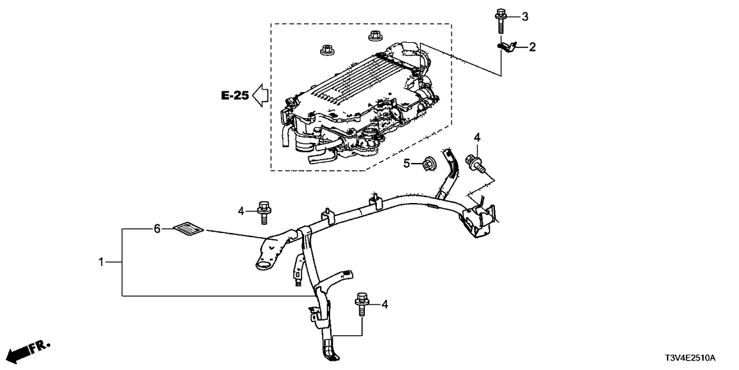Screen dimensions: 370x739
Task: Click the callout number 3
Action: click(x=525, y=16)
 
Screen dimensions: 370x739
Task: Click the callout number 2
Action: click(x=533, y=47)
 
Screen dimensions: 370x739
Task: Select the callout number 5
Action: click(x=406, y=163)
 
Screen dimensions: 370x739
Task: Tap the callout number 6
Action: click(x=157, y=228)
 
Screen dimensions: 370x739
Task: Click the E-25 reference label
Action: click(x=235, y=96)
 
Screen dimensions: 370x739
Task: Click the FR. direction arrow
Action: click(x=29, y=351)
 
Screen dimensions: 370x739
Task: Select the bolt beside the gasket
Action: click(x=262, y=209)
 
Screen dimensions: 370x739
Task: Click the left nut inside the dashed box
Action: click(x=327, y=49)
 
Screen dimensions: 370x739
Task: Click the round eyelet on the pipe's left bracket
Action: click(x=262, y=266)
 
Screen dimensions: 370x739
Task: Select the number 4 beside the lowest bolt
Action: click(x=384, y=305)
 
